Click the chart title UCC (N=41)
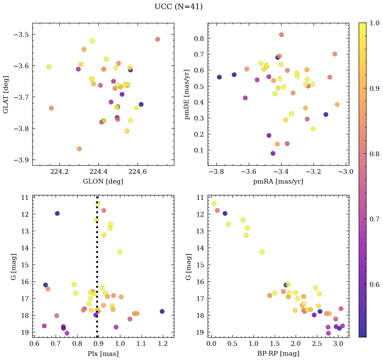[178, 7]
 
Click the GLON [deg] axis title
[103, 182]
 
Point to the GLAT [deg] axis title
[6, 94]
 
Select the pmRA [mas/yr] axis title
[278, 182]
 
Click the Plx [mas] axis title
[103, 354]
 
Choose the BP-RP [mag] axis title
[278, 354]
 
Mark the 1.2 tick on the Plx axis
[163, 344]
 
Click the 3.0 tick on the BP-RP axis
[338, 344]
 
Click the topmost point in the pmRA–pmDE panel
[282, 35]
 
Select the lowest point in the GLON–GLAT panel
[79, 149]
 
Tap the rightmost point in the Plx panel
[162, 311]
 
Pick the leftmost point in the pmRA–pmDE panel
[219, 77]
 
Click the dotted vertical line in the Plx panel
[97, 270]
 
